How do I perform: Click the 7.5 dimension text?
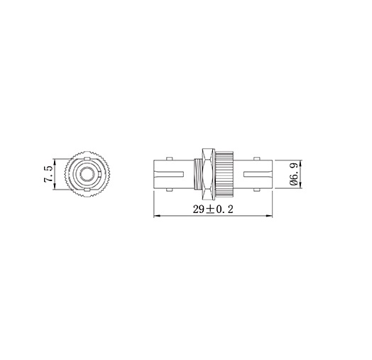coord(48,173)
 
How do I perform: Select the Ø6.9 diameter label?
coord(292,174)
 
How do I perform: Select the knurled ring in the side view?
coord(224,173)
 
